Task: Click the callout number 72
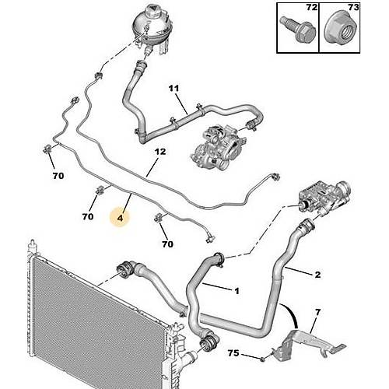312,7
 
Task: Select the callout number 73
353,7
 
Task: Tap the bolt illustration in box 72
298,31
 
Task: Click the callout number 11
173,89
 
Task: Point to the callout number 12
160,152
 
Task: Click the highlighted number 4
120,218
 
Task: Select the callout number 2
317,275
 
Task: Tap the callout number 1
237,291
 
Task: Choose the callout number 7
318,312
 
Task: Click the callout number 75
233,353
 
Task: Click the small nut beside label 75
262,359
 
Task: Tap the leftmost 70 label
58,176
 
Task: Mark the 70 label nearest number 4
88,216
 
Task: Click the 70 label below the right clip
167,244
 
